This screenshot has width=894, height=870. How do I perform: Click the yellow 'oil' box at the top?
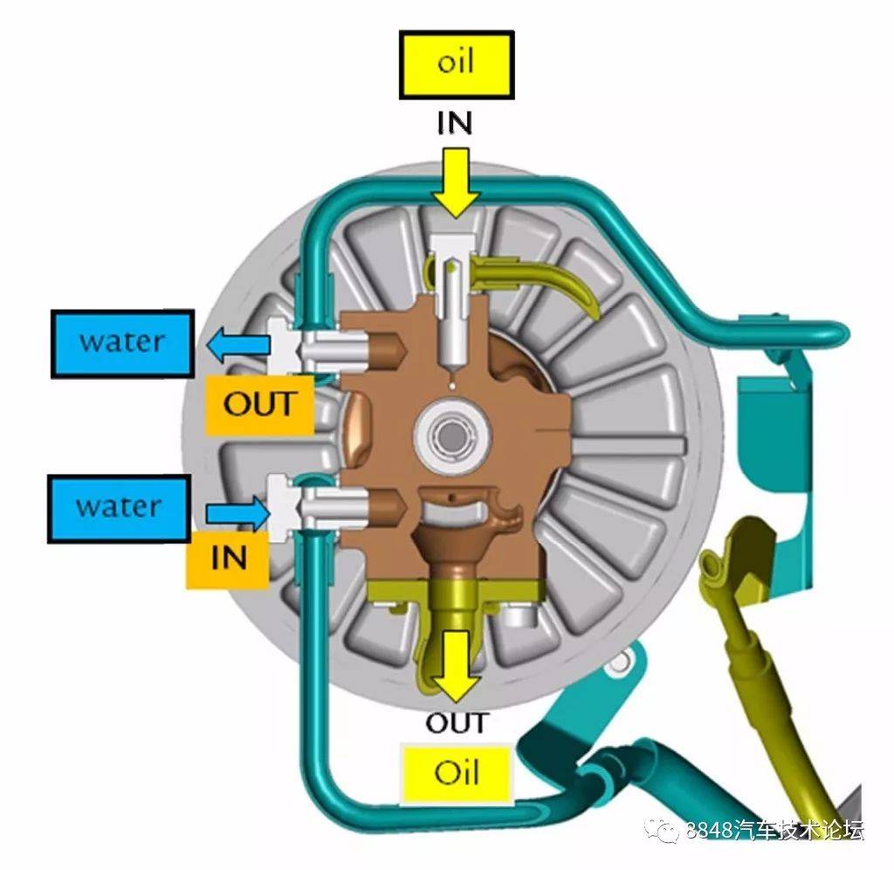pyautogui.click(x=455, y=65)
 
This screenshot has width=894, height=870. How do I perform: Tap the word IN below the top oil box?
pyautogui.click(x=455, y=122)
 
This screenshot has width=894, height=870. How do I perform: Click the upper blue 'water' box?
pyautogui.click(x=122, y=342)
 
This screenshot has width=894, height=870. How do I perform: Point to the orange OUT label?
pyautogui.click(x=259, y=405)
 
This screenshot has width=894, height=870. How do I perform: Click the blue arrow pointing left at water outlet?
pyautogui.click(x=237, y=346)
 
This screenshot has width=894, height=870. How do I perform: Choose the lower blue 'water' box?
pyautogui.click(x=120, y=506)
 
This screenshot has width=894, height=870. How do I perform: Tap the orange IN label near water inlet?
pyautogui.click(x=229, y=557)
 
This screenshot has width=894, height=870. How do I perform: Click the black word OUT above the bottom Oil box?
pyautogui.click(x=457, y=723)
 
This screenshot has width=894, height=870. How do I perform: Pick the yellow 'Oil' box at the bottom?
pyautogui.click(x=457, y=773)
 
